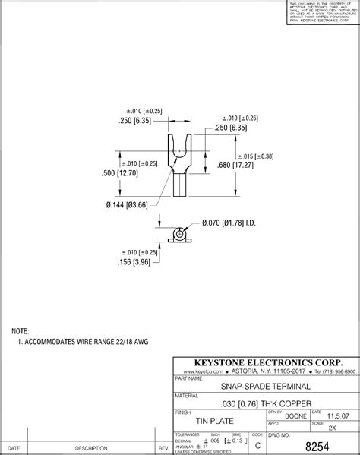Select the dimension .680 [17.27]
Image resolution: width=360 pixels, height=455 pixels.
(x=235, y=165)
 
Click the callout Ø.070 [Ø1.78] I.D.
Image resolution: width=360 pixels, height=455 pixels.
(x=241, y=223)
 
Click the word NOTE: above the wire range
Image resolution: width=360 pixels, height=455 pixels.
(x=20, y=332)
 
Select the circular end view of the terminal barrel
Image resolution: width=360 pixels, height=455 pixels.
(x=178, y=233)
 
